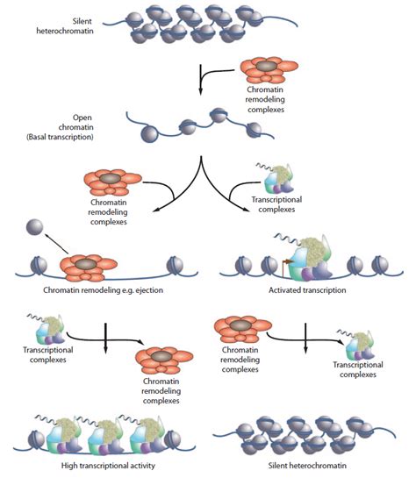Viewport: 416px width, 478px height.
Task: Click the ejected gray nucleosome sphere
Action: point(35,227)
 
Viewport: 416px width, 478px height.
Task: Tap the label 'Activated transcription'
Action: point(307,290)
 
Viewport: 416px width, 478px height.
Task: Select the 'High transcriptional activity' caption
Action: point(108,466)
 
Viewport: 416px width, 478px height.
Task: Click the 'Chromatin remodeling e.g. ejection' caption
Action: point(103,290)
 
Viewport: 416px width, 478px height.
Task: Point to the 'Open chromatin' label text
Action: point(76,122)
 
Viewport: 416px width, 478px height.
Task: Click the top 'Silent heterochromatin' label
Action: point(65,26)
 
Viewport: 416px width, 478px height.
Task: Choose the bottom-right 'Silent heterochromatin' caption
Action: point(307,466)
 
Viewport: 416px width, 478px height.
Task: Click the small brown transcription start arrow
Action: point(286,266)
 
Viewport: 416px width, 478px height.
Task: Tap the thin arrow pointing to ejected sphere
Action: point(57,243)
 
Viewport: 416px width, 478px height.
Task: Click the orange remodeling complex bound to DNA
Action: point(89,268)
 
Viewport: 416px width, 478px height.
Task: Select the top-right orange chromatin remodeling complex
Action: point(269,70)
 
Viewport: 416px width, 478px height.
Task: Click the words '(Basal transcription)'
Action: point(60,137)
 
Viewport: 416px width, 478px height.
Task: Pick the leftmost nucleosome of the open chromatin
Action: point(149,133)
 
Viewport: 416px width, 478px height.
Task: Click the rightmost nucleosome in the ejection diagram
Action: point(175,266)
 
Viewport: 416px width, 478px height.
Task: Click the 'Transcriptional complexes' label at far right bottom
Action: point(358,369)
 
